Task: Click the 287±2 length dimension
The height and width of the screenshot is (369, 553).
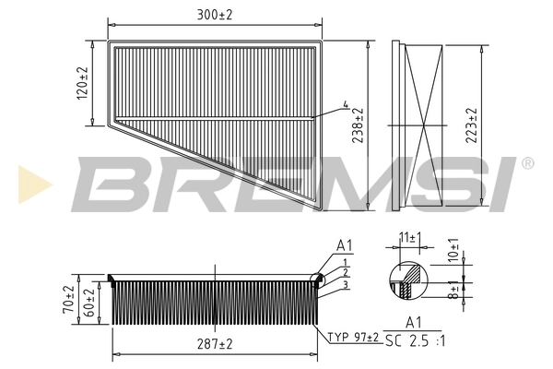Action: tap(215, 343)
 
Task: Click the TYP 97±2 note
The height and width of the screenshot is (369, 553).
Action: tap(354, 338)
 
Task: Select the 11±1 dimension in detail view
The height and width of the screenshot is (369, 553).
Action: tap(410, 239)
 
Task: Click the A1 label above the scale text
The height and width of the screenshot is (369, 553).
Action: tap(414, 324)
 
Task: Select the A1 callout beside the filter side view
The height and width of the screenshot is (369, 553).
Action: tap(344, 245)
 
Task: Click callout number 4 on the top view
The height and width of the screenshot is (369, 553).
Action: tap(345, 104)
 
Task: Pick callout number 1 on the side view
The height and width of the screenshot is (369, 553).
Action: tap(342, 262)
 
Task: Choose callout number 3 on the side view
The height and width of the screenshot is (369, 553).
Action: tap(343, 284)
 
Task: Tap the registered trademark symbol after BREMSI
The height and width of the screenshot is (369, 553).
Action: tap(527, 163)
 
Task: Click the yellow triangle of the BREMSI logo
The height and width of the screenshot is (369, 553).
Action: tap(30, 181)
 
